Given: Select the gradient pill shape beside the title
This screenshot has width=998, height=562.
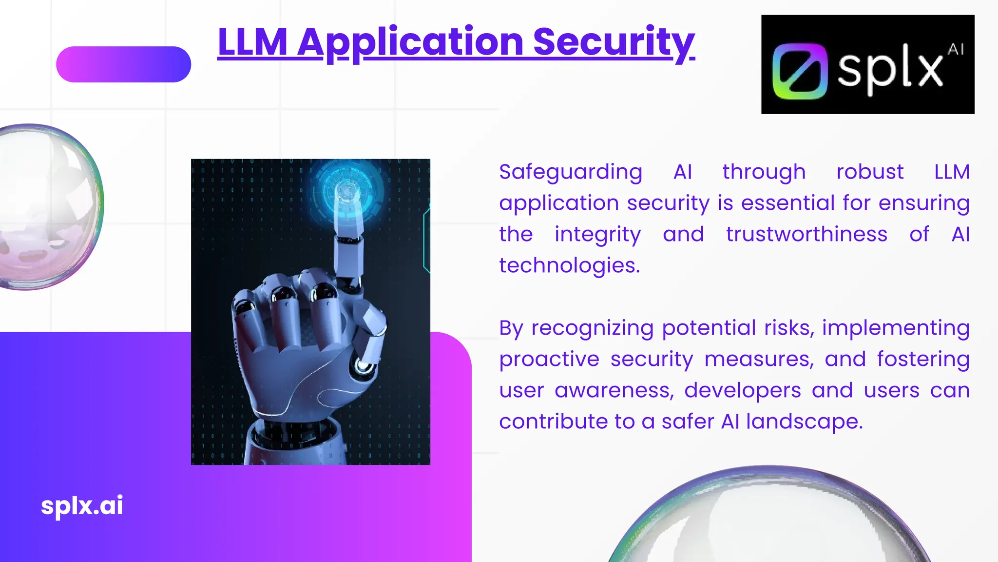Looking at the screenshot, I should (x=123, y=64).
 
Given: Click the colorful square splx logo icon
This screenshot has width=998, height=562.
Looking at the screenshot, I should (x=800, y=71).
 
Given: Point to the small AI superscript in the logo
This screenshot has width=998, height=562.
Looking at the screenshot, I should (x=956, y=49).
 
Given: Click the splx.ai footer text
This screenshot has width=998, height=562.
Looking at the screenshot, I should (x=82, y=505).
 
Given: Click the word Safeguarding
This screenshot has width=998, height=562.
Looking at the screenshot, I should (x=571, y=172).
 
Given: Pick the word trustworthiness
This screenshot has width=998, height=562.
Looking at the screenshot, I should (x=806, y=235).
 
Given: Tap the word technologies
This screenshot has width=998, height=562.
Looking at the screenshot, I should (x=569, y=266).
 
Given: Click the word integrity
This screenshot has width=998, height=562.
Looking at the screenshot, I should (x=597, y=235).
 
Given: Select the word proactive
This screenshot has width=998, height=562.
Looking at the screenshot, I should (x=549, y=360).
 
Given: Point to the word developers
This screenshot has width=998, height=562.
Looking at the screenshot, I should (x=743, y=391).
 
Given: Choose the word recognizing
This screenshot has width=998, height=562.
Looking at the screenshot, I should (x=592, y=328).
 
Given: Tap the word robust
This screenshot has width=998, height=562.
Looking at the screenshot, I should (x=870, y=172).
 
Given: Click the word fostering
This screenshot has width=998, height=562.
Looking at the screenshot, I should (x=923, y=360).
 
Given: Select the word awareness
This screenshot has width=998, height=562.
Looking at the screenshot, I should (x=614, y=391).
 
